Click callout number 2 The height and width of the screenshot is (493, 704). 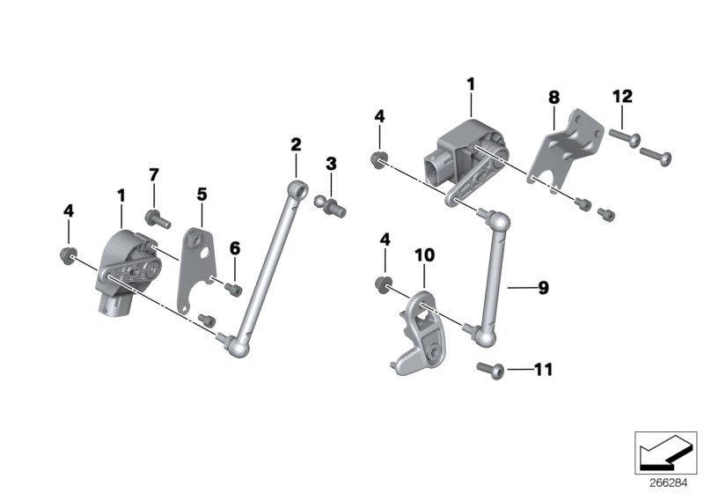(297, 144)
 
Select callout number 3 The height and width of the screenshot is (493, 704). (331, 164)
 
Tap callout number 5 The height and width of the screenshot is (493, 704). (202, 193)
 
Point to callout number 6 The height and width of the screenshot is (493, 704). (234, 250)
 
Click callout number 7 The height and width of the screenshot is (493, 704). (153, 175)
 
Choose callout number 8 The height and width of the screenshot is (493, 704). (554, 97)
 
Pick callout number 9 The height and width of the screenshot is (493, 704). (543, 288)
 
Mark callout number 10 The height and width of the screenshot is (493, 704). (424, 255)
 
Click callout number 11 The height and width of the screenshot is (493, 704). (543, 369)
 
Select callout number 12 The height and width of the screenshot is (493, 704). (623, 95)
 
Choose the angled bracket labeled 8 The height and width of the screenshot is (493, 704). (568, 151)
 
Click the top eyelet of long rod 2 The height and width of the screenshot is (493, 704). (299, 188)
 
